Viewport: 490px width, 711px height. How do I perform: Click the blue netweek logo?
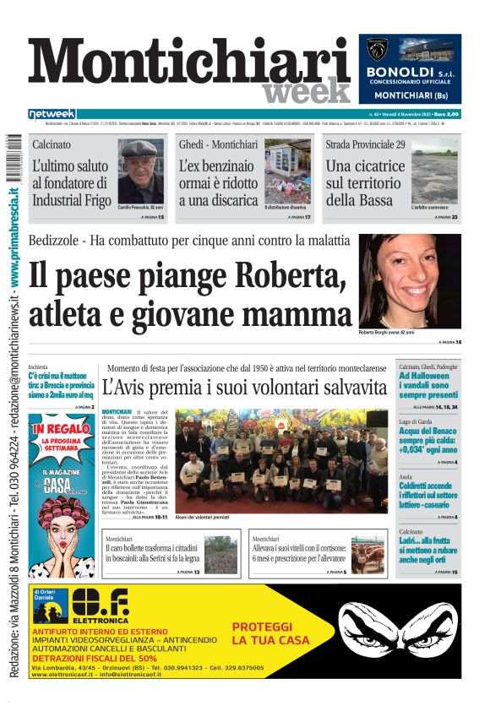click(52, 113)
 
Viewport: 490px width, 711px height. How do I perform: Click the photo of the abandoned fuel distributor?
click(286, 173)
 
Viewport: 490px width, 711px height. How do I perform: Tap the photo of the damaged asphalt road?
click(434, 176)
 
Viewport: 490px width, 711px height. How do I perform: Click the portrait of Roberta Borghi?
click(410, 280)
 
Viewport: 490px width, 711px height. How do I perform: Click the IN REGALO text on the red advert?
click(61, 428)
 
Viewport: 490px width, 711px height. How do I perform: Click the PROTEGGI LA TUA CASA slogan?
click(262, 633)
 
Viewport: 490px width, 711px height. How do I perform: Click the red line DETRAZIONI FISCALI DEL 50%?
click(95, 658)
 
